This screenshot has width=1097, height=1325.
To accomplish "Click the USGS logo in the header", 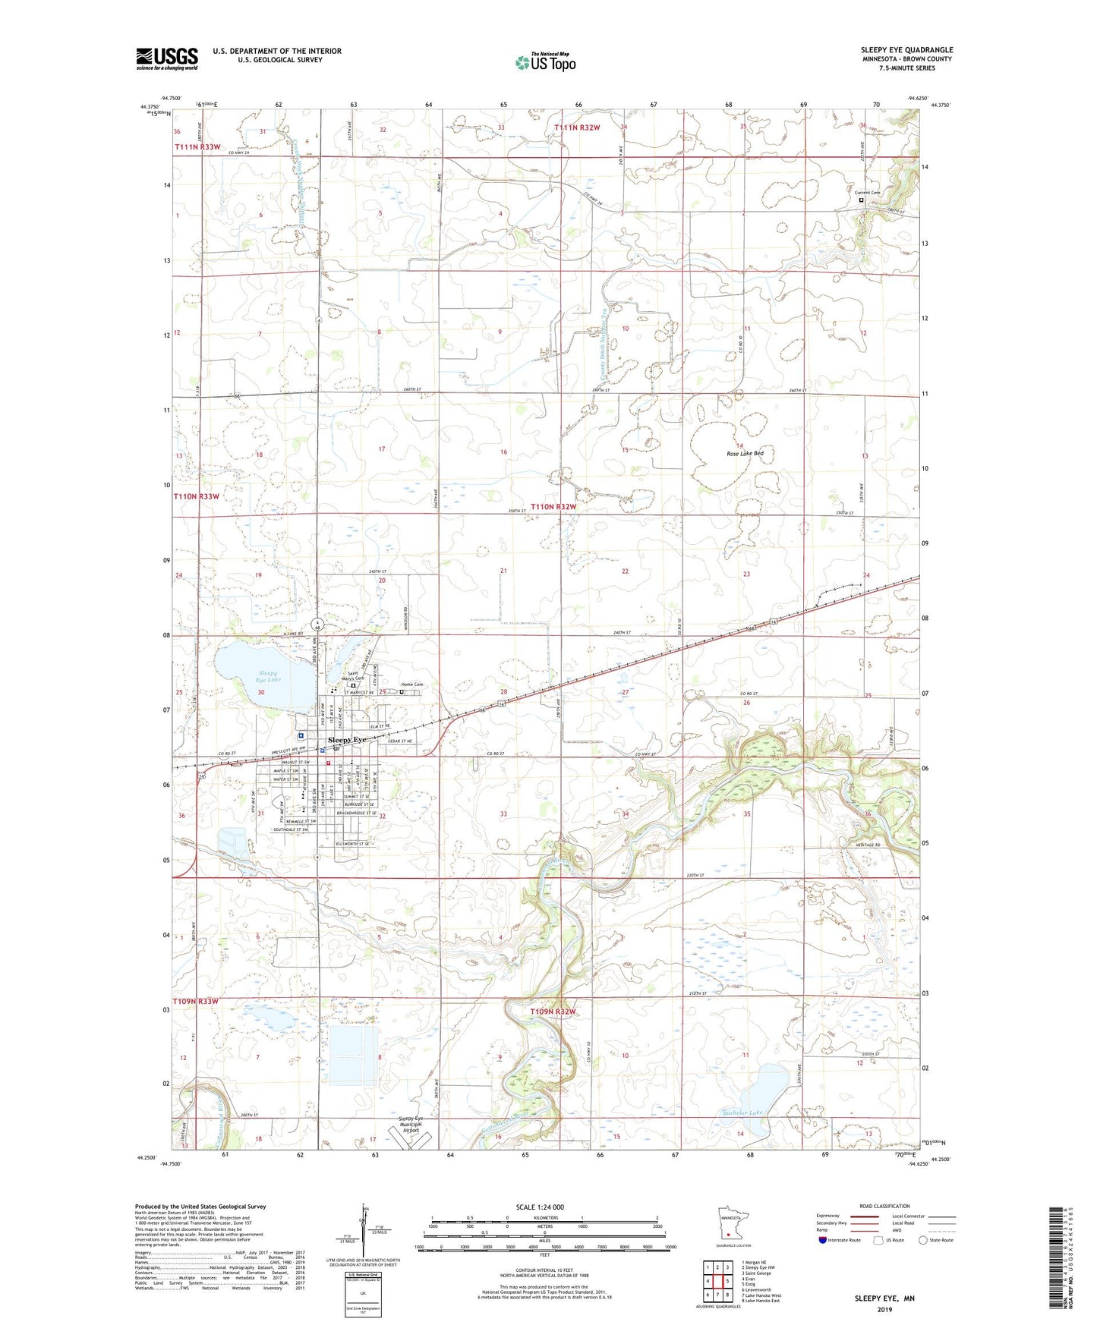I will pos(167,58).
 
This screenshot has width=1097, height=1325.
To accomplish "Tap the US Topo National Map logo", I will pos(544,62).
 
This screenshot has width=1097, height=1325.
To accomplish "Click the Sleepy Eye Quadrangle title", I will pos(906,50).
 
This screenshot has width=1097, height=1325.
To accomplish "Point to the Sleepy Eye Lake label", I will pos(267,677).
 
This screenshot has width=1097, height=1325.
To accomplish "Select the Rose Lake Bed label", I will pos(745,453).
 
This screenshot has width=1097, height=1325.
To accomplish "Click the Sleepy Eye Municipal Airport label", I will pos(410,1125).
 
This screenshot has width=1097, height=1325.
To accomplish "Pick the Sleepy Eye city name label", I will pos(346,739).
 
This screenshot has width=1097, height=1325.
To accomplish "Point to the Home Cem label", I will pos(411,685).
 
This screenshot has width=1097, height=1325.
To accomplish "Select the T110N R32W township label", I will pos(553,506).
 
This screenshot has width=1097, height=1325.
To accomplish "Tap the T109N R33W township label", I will pos(196,1001).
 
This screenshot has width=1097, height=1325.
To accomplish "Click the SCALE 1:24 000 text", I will pos(539,1207).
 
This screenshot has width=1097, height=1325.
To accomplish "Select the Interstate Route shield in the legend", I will pos(822,1240).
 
